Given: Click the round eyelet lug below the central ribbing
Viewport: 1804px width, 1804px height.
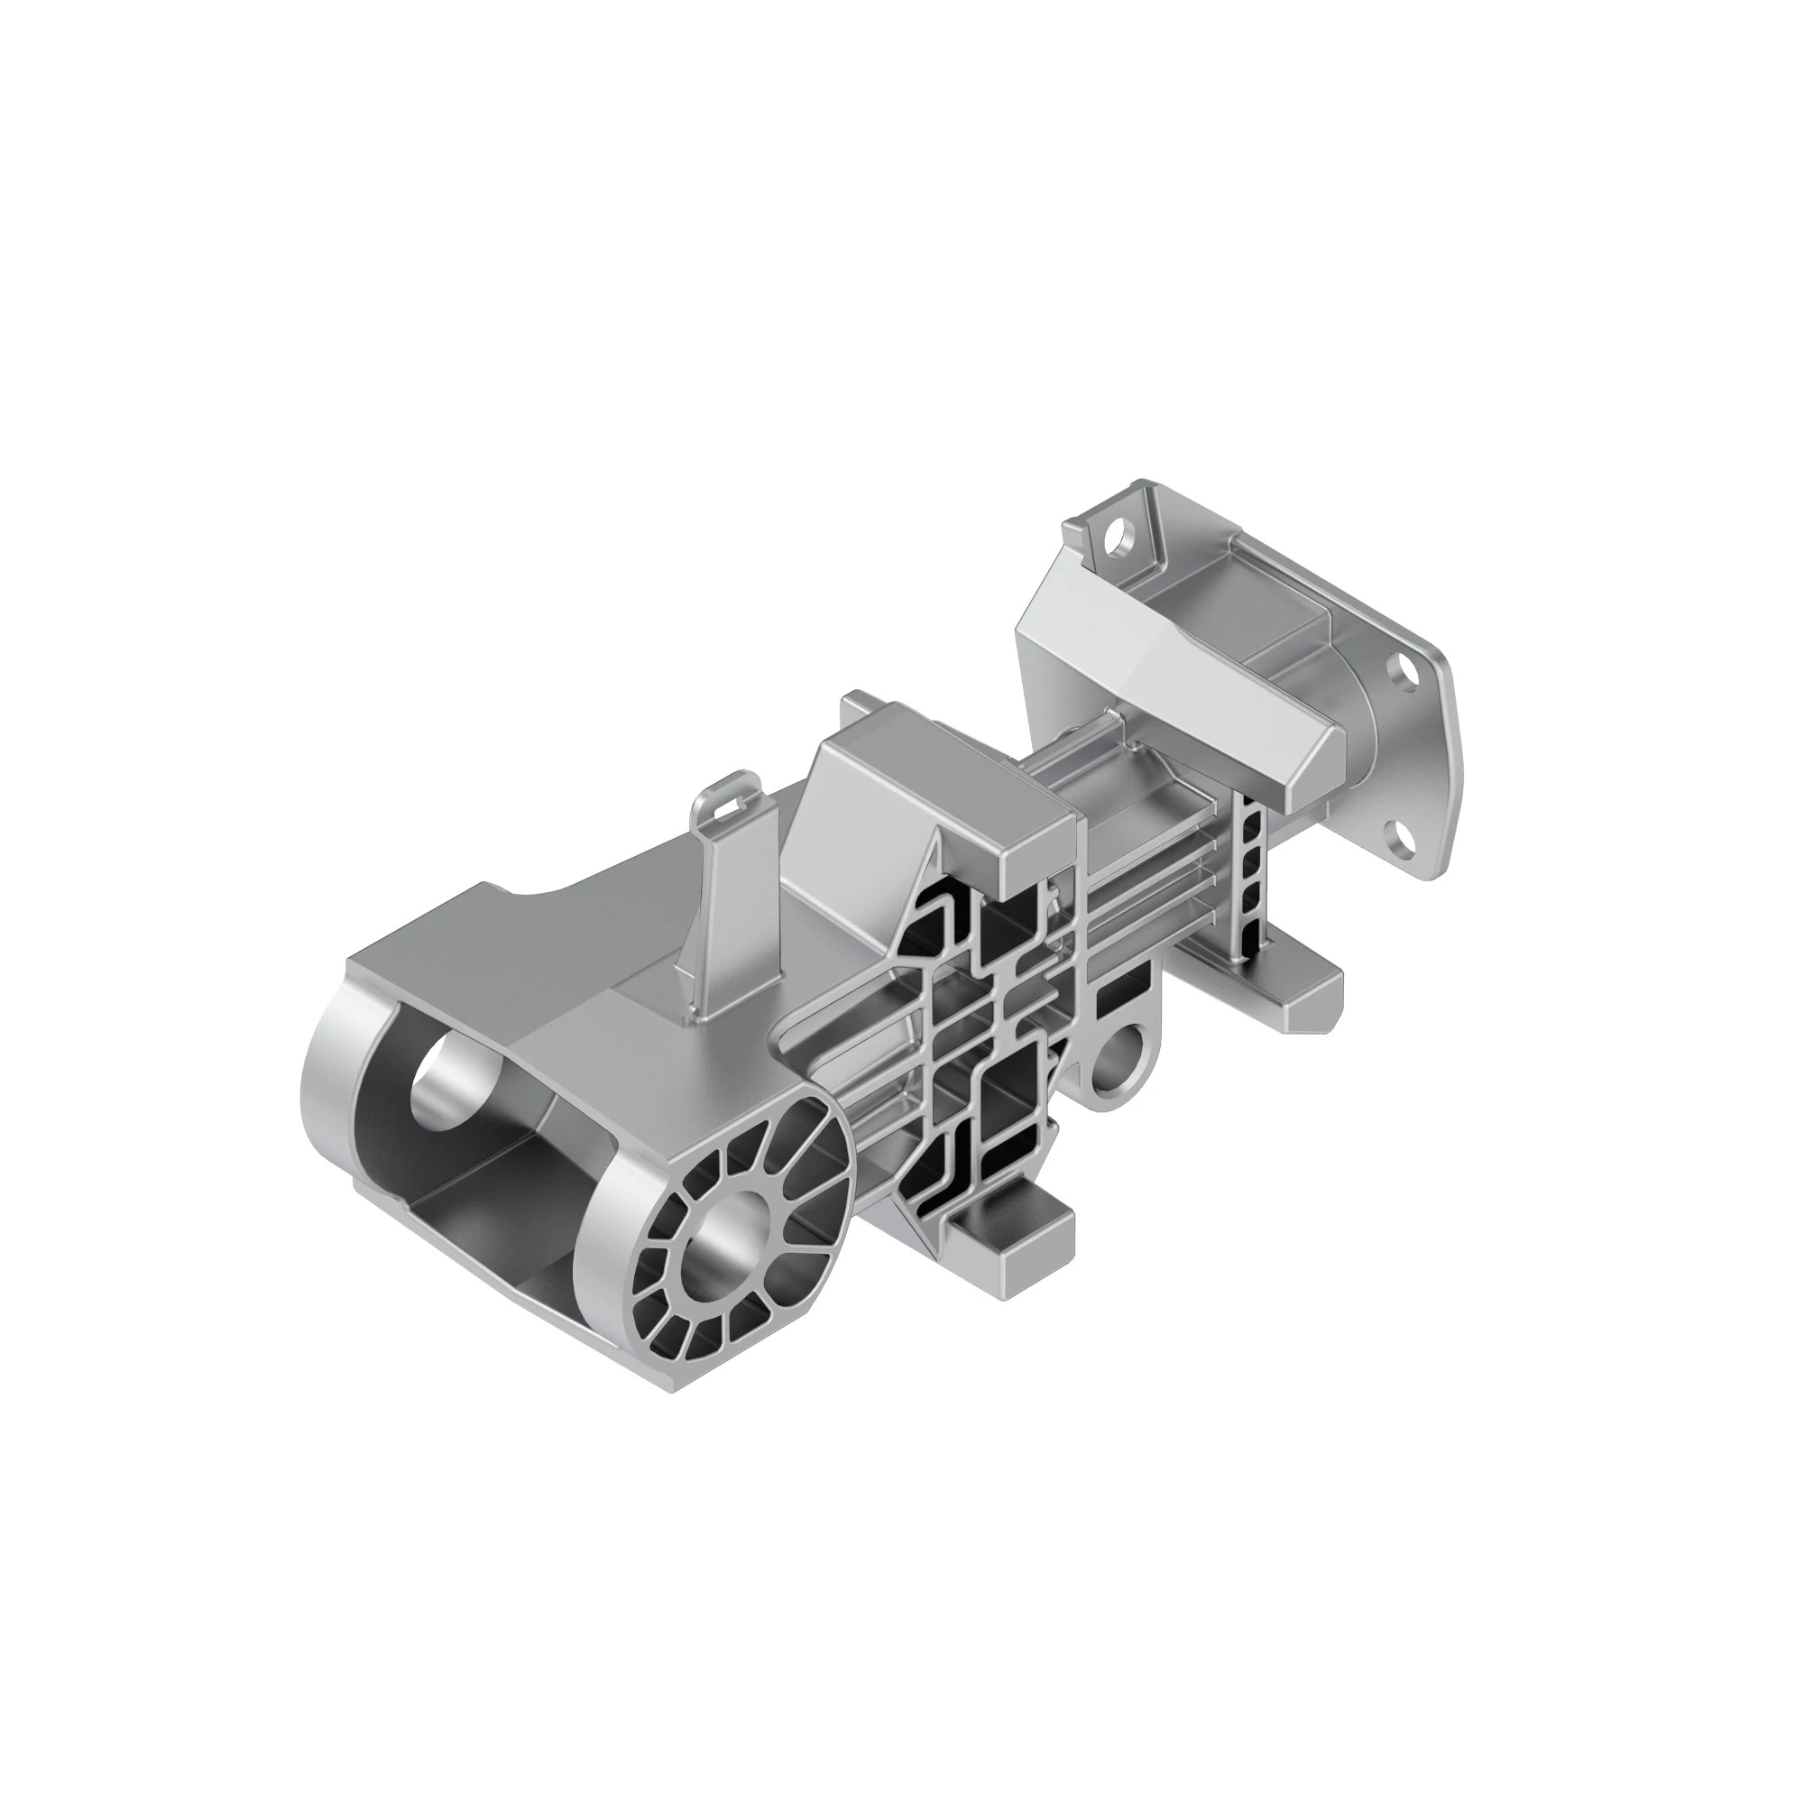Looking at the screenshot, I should click(1117, 1060).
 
